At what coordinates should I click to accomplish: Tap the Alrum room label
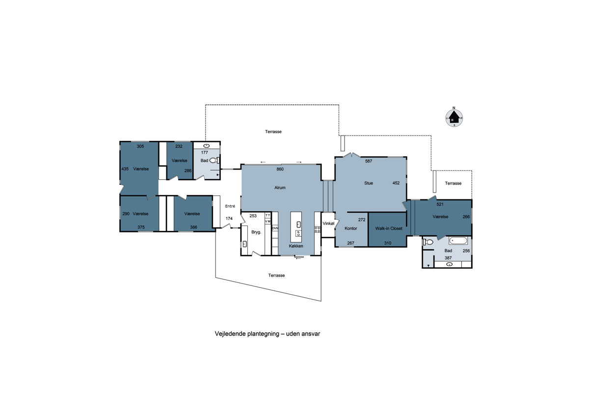coord(280,188)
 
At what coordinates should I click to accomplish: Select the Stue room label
coord(369,183)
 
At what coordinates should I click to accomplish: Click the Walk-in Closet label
coord(389,228)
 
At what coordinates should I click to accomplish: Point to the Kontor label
coord(351,228)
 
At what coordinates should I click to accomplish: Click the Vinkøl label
coord(328,224)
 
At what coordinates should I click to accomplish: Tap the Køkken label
coord(296,246)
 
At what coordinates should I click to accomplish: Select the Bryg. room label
coord(256,232)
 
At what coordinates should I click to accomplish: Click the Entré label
coord(230,206)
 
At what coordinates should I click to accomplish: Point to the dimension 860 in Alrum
coord(280,169)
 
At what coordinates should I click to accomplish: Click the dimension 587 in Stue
coord(369,161)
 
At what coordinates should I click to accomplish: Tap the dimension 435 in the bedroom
coord(125,169)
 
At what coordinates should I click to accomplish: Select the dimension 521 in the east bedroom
coord(440,204)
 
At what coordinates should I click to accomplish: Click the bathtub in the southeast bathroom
coord(458,241)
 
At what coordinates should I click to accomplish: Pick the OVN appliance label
coord(275,228)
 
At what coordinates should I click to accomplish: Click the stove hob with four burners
coord(318,229)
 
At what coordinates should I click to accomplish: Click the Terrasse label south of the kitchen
coord(276,275)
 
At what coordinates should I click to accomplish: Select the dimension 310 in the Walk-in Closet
coord(388,243)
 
